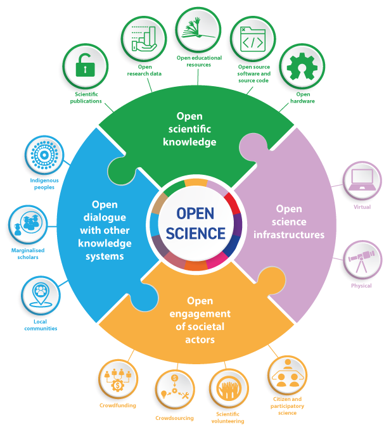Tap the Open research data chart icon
[x=143, y=39]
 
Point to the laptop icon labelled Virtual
[x=362, y=180]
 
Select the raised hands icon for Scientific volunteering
[x=228, y=390]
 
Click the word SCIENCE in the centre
[x=196, y=234]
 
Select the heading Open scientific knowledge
[x=189, y=129]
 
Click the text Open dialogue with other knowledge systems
[x=105, y=231]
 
